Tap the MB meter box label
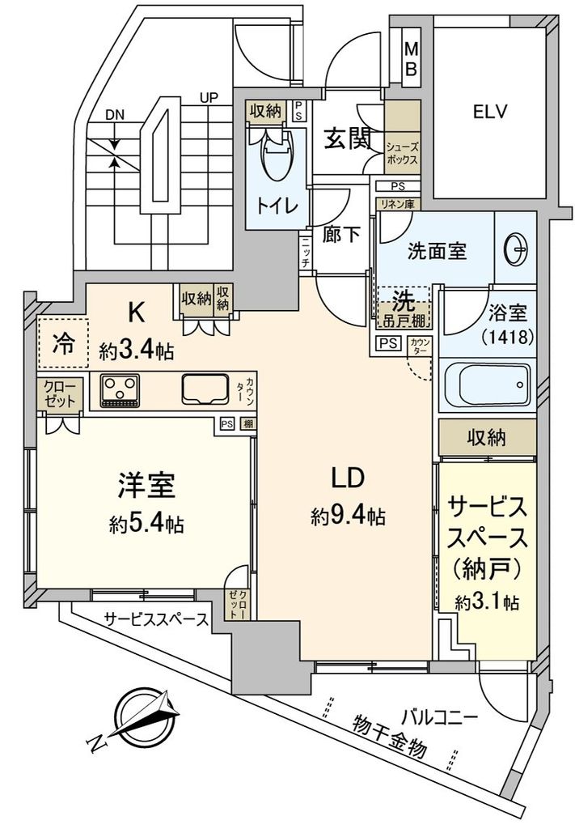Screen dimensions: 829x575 coord(411,61)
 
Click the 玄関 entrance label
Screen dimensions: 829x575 coord(349,140)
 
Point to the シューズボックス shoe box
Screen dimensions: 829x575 coord(402,154)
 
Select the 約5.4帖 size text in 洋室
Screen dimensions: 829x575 coord(146,524)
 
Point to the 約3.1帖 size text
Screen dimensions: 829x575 coord(486,602)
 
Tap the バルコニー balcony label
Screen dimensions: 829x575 coord(440,716)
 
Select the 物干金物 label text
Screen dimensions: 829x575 coord(389,736)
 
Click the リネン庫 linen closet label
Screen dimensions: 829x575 coord(395,204)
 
